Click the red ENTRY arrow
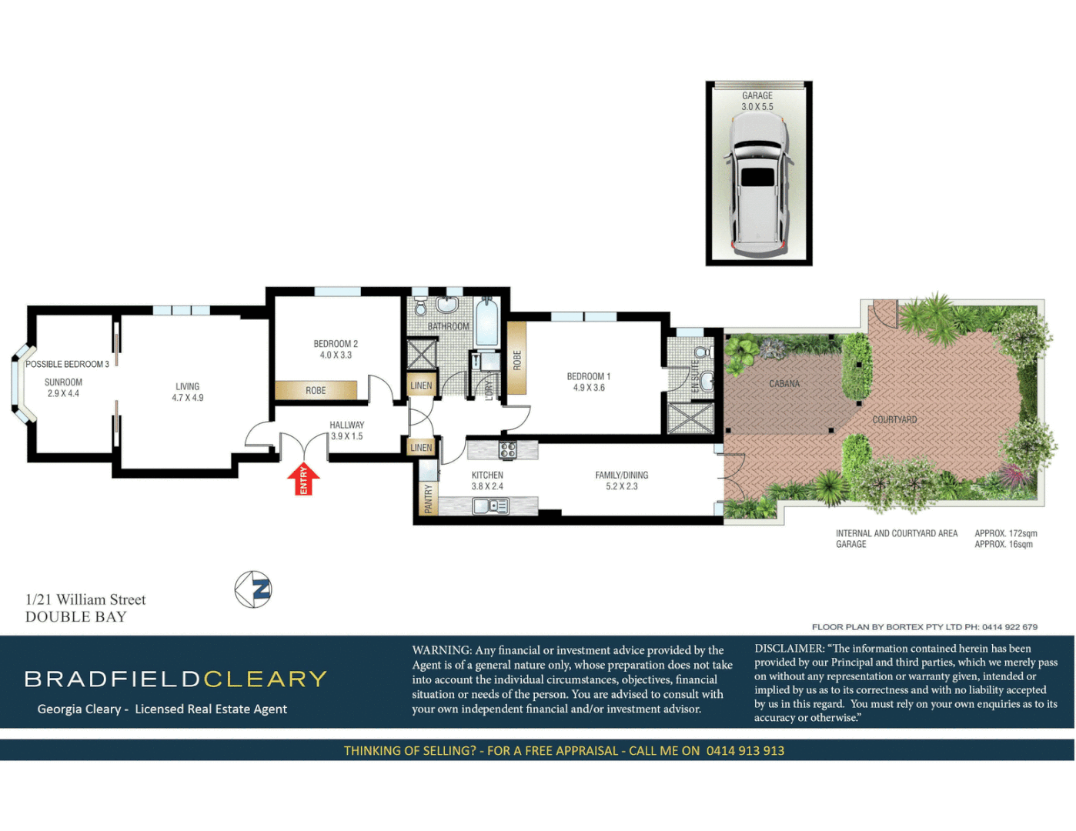(303, 479)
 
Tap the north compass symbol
(253, 589)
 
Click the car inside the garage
(758, 187)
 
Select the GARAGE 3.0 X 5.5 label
(757, 102)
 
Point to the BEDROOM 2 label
(336, 349)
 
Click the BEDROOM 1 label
(589, 382)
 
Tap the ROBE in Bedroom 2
(316, 391)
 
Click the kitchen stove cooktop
(508, 450)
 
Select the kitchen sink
(490, 506)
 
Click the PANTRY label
(429, 498)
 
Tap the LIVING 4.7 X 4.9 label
(188, 392)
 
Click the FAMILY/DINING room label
(622, 480)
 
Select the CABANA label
(784, 383)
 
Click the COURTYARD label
(894, 420)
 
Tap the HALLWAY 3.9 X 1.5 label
(346, 430)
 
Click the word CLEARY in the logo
(266, 679)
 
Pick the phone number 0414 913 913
(745, 751)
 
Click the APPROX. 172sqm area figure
(1006, 533)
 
